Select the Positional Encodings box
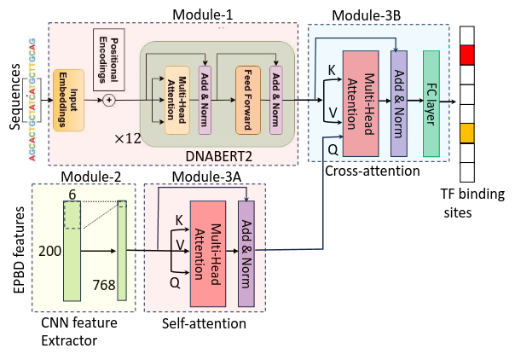[110, 59]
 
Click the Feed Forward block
[247, 100]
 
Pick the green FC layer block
[431, 102]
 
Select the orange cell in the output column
[467, 134]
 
